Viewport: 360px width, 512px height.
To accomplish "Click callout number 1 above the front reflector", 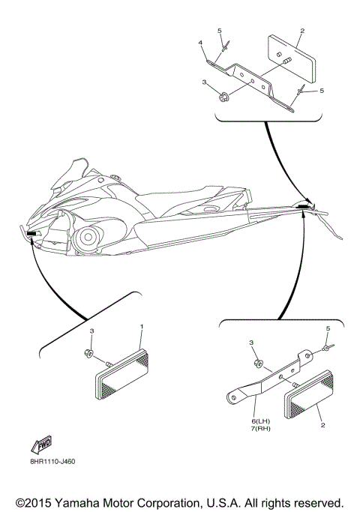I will pyautogui.click(x=141, y=328).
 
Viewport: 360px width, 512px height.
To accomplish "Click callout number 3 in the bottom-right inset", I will pyautogui.click(x=252, y=341).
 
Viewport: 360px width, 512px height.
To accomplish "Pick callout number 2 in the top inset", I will pyautogui.click(x=301, y=31).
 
